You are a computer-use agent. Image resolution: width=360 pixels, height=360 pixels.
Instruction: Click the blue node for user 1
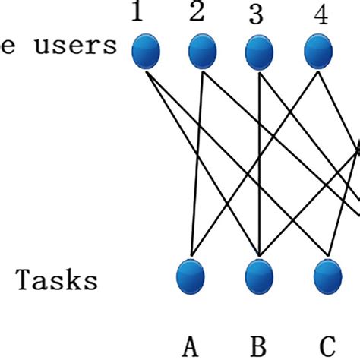pyautogui.click(x=146, y=53)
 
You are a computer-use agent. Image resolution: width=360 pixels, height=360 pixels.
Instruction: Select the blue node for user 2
pyautogui.click(x=202, y=53)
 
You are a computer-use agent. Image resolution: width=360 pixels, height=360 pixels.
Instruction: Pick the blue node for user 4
pyautogui.click(x=318, y=53)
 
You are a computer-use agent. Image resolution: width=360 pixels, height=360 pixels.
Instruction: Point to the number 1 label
pyautogui.click(x=137, y=14)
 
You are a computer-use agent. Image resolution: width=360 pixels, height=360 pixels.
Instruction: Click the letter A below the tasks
pyautogui.click(x=191, y=346)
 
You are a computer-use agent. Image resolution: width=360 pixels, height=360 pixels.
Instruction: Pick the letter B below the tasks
pyautogui.click(x=258, y=346)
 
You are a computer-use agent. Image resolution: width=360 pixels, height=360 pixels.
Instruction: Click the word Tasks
pyautogui.click(x=57, y=281)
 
